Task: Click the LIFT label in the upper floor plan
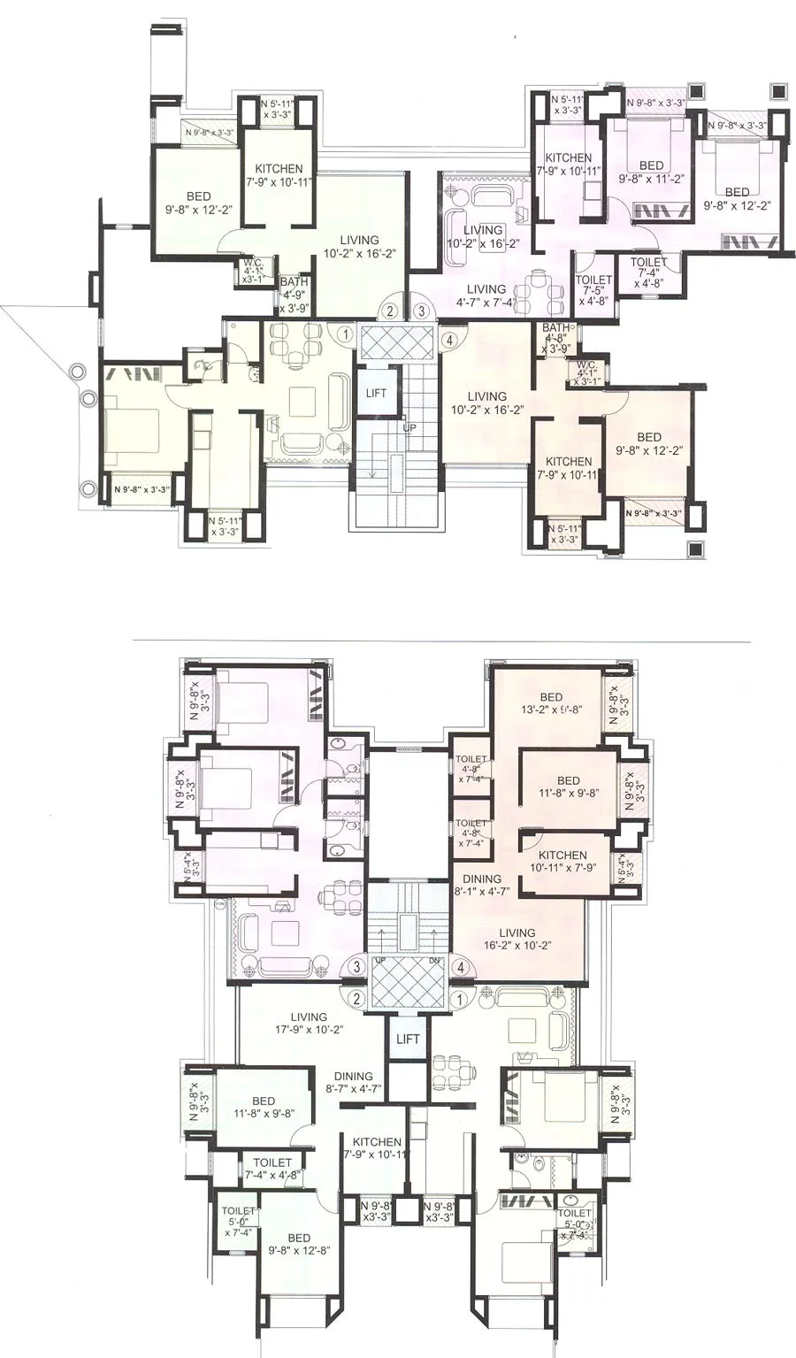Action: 376,393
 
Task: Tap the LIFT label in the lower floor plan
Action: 408,1039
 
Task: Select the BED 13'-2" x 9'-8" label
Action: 551,703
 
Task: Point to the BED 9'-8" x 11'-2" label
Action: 651,172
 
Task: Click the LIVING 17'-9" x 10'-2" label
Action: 309,1024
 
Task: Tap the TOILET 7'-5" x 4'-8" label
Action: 593,290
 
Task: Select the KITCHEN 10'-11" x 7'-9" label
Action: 563,862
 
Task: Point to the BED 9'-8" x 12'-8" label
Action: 299,1244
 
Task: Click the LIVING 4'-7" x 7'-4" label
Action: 486,295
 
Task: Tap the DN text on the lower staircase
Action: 432,960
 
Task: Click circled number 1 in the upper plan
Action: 345,334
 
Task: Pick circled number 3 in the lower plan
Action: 356,967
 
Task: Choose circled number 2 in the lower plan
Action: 356,999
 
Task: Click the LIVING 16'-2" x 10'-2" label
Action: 517,939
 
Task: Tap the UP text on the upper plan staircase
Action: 409,427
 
